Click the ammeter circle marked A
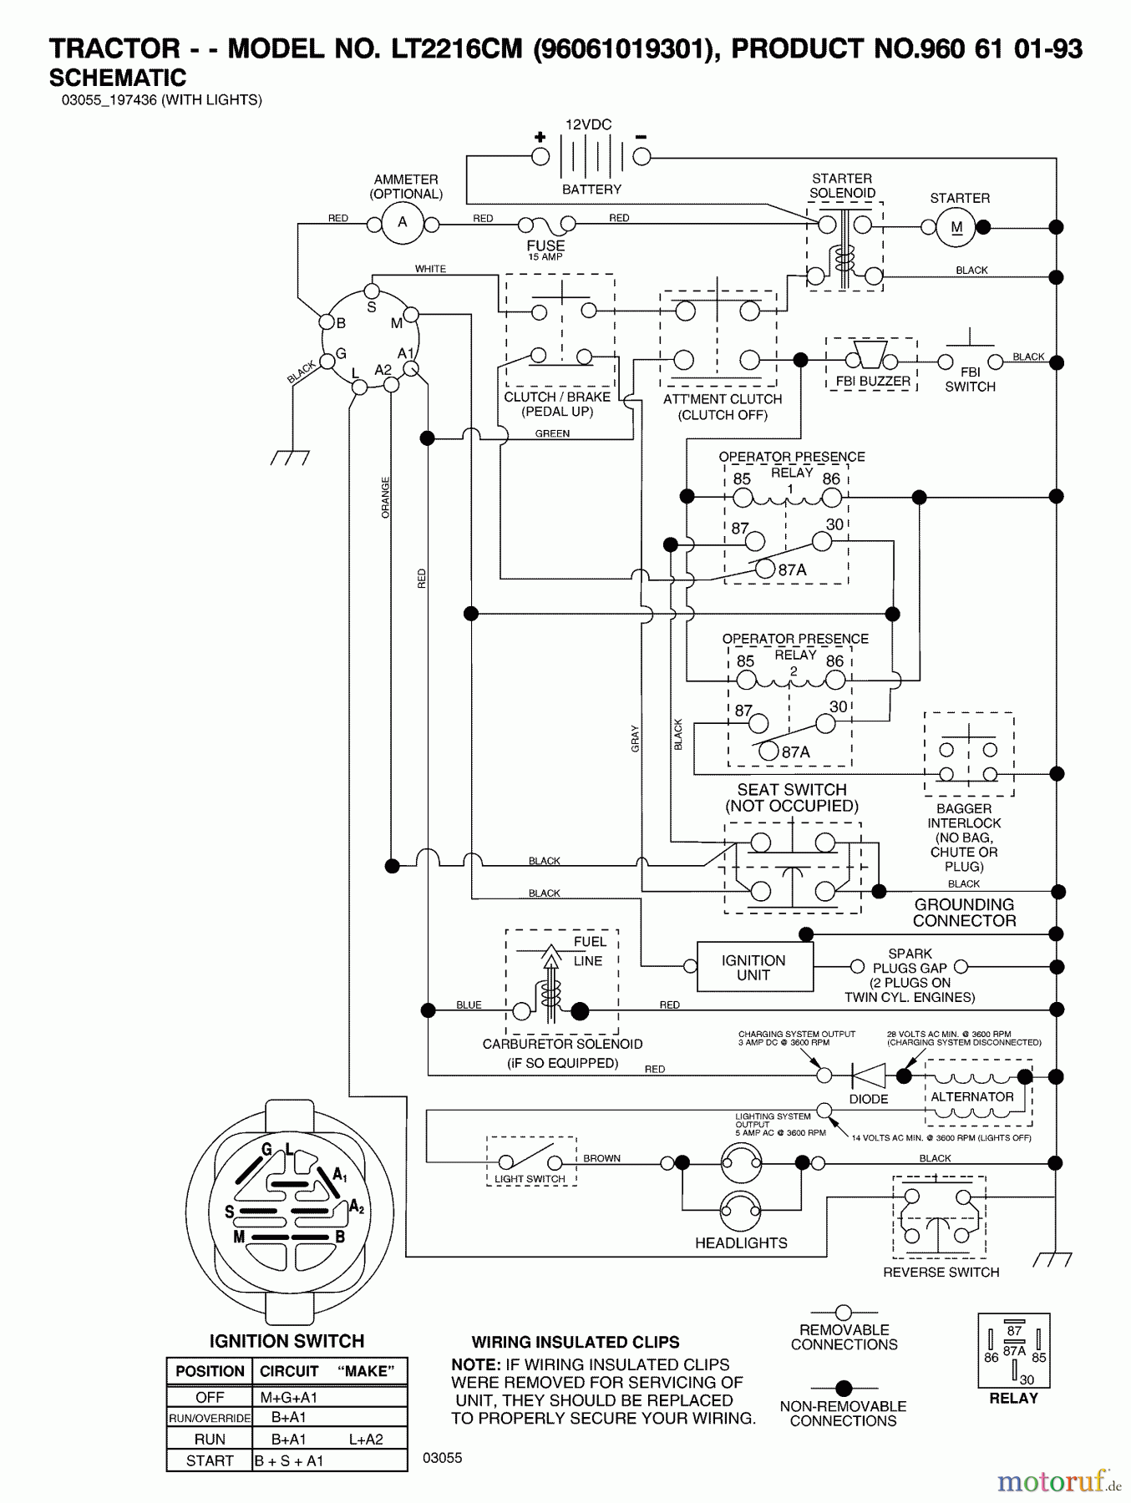pos(402,222)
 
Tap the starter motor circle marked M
pos(956,227)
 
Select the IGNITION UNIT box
pos(754,967)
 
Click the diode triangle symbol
pos(868,1075)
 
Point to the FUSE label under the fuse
pos(545,245)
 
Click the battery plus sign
pos(540,137)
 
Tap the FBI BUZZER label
pos(873,381)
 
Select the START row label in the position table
pos(210,1460)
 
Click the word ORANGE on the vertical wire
pos(386,498)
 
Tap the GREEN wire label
pos(552,433)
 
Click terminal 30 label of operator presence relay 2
pos(839,706)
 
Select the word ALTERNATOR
pos(971,1096)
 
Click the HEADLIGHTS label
pos(741,1242)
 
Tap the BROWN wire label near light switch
pos(601,1158)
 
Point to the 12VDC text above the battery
pos(588,124)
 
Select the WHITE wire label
pos(430,269)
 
